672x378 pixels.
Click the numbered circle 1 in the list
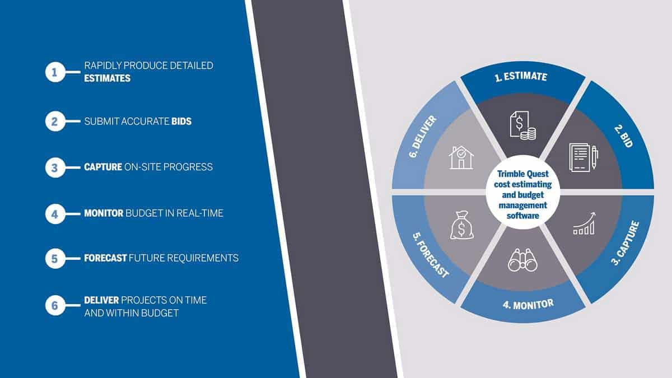pyautogui.click(x=55, y=72)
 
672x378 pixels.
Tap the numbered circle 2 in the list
pyautogui.click(x=55, y=120)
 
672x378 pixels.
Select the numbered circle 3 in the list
pyautogui.click(x=55, y=167)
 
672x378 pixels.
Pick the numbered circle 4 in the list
pyautogui.click(x=55, y=213)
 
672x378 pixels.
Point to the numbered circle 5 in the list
pyautogui.click(x=55, y=258)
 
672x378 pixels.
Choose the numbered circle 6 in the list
pyautogui.click(x=55, y=306)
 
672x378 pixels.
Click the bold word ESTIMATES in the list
pyautogui.click(x=107, y=78)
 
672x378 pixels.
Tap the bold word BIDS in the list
pyautogui.click(x=181, y=121)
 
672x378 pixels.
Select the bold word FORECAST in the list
pyautogui.click(x=105, y=258)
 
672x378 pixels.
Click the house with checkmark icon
pyautogui.click(x=462, y=157)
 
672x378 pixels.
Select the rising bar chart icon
pyautogui.click(x=584, y=223)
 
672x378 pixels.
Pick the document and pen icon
pyautogui.click(x=583, y=157)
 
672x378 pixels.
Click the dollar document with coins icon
pyautogui.click(x=522, y=124)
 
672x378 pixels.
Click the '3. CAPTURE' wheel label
pyautogui.click(x=626, y=243)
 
